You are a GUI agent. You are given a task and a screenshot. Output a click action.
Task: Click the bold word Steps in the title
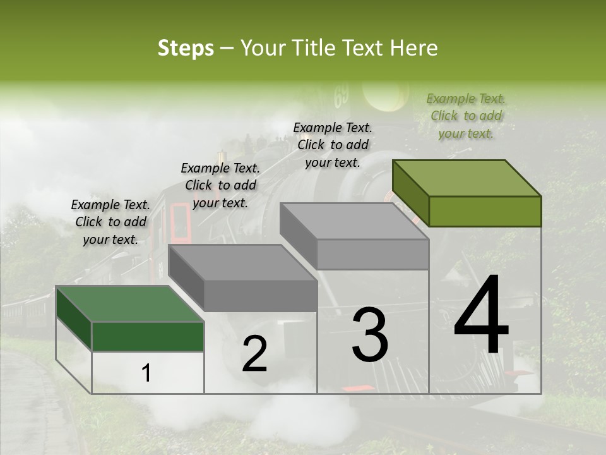[186, 48]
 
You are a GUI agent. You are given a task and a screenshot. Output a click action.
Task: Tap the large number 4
[481, 316]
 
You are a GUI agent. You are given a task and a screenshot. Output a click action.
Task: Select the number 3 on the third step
[370, 334]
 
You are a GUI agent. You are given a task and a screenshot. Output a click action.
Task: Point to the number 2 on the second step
[254, 354]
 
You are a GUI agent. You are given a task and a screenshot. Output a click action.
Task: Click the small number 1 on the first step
[146, 373]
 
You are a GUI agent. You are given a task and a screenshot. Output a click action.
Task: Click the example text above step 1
[110, 222]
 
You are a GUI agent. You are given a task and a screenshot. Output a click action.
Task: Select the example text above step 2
[220, 185]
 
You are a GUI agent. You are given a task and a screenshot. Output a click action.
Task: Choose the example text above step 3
[333, 145]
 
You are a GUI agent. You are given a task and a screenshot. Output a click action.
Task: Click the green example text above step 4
[466, 116]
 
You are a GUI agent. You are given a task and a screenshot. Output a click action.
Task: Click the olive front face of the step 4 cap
[485, 211]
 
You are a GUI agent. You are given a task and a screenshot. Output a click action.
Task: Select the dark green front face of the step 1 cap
[148, 336]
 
